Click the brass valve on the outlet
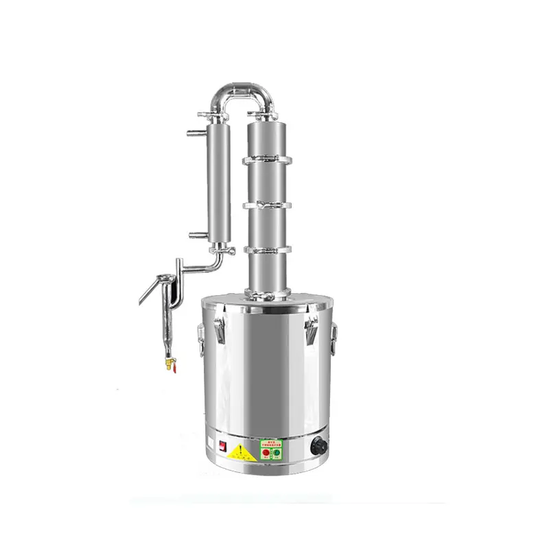pos(166,360)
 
